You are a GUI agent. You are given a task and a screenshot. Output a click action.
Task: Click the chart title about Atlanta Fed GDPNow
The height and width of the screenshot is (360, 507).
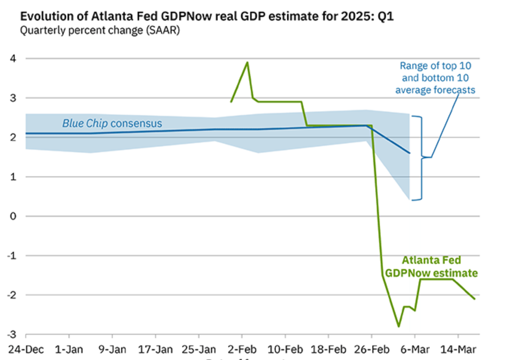(x=207, y=17)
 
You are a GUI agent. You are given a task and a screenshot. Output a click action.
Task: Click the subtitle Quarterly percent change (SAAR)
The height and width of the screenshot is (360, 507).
(x=100, y=31)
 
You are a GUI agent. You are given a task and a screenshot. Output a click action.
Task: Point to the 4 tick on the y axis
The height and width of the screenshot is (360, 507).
(x=13, y=58)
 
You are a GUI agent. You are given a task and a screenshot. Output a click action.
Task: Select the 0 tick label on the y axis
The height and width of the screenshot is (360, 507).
(x=13, y=216)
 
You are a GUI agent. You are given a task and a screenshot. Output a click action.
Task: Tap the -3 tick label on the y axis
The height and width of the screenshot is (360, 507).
(x=12, y=334)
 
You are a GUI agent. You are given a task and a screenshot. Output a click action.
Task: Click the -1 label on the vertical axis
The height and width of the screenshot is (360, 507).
(x=12, y=256)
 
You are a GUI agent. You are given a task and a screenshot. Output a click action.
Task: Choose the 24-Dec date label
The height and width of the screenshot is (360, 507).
(x=26, y=349)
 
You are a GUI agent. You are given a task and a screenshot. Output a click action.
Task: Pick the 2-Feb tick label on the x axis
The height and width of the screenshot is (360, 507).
(x=242, y=349)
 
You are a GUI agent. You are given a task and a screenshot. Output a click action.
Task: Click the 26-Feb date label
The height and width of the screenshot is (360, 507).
(x=372, y=349)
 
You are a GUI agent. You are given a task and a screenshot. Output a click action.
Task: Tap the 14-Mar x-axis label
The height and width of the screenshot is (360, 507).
(x=458, y=349)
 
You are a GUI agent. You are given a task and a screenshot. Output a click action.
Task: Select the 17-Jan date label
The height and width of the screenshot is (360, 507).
(x=155, y=349)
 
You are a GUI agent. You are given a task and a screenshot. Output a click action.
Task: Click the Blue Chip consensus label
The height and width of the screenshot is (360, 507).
(x=112, y=123)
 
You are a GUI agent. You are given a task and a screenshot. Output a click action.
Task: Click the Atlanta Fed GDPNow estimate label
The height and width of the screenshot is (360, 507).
(x=431, y=267)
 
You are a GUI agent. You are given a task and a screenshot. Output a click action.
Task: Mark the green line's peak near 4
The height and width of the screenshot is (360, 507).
(x=247, y=62)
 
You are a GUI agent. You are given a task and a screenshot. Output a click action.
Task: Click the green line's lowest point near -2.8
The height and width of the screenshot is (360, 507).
(x=398, y=326)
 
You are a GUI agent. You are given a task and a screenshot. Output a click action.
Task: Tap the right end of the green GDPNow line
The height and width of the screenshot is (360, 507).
(x=475, y=299)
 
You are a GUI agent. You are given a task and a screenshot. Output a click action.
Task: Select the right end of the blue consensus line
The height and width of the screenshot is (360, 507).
(x=410, y=153)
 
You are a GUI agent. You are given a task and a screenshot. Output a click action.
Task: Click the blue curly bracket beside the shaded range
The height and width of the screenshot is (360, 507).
(x=421, y=158)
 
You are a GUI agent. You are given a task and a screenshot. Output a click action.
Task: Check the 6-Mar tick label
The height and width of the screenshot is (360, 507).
(x=415, y=349)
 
